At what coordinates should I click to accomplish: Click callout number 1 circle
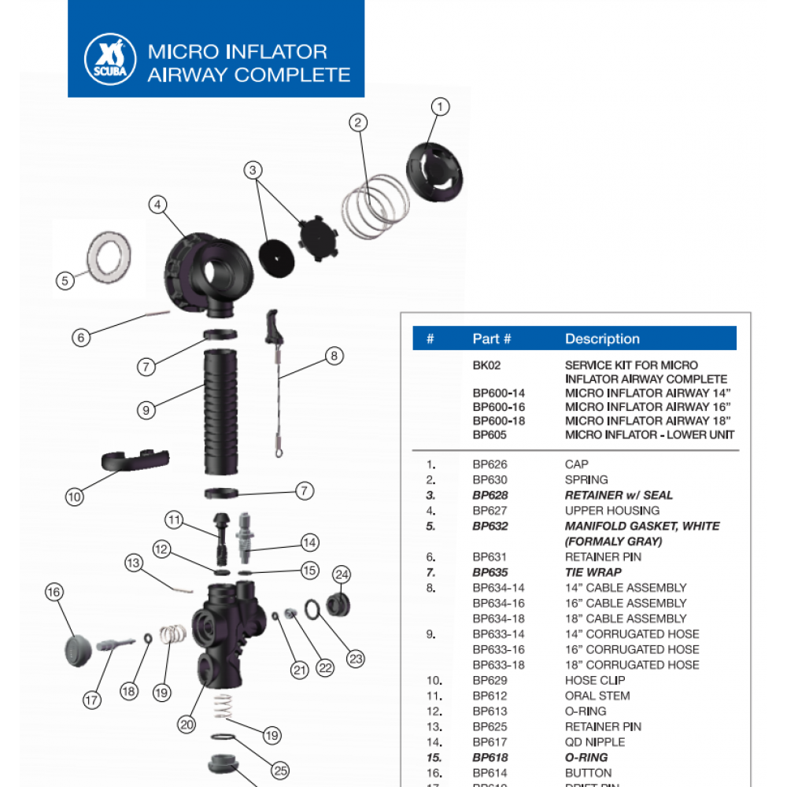click(x=441, y=106)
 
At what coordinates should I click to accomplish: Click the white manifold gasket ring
click(x=107, y=255)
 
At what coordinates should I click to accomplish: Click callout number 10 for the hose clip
click(x=75, y=497)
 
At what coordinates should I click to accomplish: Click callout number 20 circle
click(x=187, y=725)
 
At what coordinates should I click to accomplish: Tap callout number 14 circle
click(x=309, y=542)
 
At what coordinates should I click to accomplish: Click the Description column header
click(x=602, y=339)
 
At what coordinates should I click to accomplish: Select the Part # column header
click(x=492, y=339)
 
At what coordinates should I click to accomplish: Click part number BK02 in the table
click(x=486, y=365)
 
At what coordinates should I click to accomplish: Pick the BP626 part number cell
click(x=490, y=464)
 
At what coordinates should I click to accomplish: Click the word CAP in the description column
click(x=576, y=464)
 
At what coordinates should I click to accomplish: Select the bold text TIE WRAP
click(x=593, y=572)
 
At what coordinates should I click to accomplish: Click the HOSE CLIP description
click(x=595, y=680)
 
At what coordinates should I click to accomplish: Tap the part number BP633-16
click(x=498, y=649)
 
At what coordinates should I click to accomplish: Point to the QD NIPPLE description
click(x=595, y=742)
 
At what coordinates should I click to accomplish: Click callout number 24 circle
click(x=342, y=575)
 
